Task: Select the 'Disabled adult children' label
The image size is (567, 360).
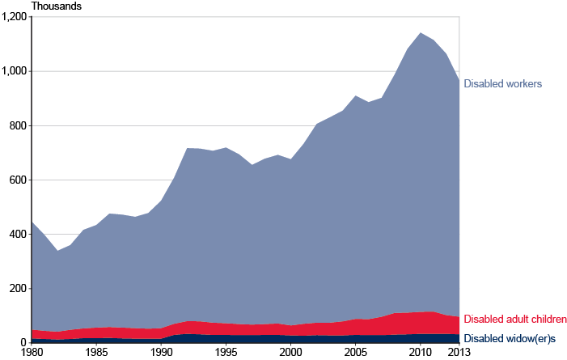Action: click(x=514, y=320)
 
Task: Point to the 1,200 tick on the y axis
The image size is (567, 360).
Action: click(x=14, y=17)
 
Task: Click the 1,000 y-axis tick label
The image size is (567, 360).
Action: click(x=14, y=71)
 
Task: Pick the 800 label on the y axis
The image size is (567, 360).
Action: click(x=18, y=125)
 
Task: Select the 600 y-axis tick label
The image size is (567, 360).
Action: click(x=18, y=180)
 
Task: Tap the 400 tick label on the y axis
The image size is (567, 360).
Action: click(x=18, y=234)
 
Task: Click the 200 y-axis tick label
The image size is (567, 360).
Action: click(x=18, y=288)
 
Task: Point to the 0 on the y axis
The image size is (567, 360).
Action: click(x=23, y=342)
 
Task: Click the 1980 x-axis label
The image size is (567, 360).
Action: click(x=32, y=353)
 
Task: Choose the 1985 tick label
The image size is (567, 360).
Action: click(x=96, y=353)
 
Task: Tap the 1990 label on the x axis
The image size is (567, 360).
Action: click(x=161, y=353)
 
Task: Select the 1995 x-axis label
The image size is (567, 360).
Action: click(x=226, y=353)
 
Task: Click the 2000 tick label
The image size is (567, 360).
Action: click(x=290, y=353)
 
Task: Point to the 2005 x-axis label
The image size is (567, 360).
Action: click(x=355, y=353)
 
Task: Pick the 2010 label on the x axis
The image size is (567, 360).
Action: click(x=420, y=353)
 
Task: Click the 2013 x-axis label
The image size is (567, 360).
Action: click(x=459, y=353)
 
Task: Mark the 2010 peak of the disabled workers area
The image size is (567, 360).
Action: click(x=420, y=33)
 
